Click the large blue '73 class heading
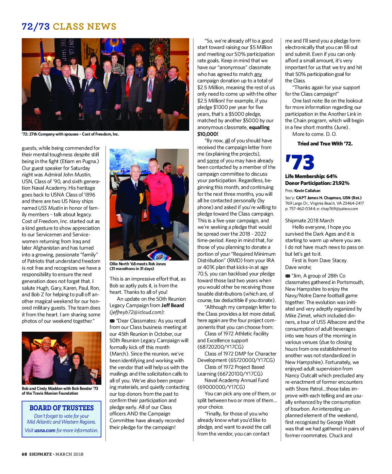[300, 162]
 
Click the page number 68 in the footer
[24, 454]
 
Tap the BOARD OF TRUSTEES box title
[62, 408]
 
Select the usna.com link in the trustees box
[45, 430]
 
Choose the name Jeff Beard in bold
[173, 305]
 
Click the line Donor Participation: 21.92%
[317, 183]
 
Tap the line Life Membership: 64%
[311, 176]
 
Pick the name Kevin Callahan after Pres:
[307, 191]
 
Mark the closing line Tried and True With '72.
[325, 144]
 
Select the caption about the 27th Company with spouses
[70, 134]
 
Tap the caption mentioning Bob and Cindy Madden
[60, 391]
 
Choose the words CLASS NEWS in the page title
[84, 27]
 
